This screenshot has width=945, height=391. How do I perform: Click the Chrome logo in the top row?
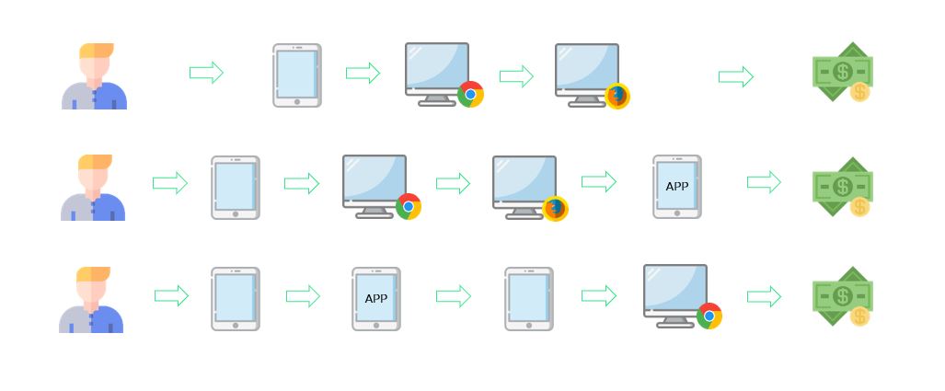pos(470,94)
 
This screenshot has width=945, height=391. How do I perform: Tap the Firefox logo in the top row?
pos(617,96)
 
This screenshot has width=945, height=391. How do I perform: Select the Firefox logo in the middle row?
pos(555,209)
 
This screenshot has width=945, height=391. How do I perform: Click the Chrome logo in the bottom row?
pos(709,316)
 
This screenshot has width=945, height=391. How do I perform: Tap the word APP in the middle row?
pos(677,187)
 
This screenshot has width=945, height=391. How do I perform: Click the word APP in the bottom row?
pos(376,299)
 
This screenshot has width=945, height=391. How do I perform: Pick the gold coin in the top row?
pos(859,91)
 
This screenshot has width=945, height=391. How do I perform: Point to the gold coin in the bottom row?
pos(859,316)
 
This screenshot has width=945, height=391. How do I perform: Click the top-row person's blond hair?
pos(97,51)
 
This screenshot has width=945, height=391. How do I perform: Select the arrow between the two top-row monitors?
pos(516,76)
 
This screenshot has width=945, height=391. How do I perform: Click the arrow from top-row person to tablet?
pos(206,73)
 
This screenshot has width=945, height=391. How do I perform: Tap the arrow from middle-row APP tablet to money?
pos(764,182)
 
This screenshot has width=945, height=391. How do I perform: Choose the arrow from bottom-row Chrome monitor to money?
pos(764,296)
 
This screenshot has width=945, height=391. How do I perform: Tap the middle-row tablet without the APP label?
pos(236,188)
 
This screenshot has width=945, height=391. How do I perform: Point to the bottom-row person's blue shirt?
pos(108,318)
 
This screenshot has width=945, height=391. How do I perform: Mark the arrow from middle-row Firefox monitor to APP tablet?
pos(599,182)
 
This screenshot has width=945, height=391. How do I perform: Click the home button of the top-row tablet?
pos(297,101)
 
